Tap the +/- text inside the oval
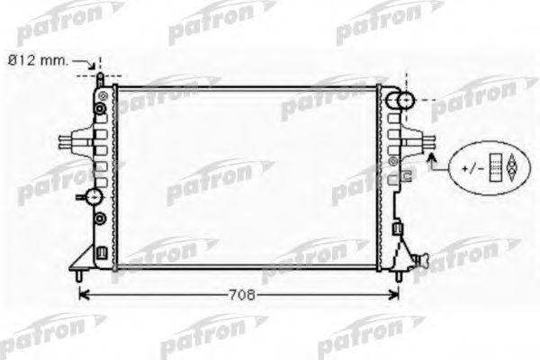pyautogui.click(x=473, y=168)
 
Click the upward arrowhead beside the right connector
pyautogui.click(x=432, y=159)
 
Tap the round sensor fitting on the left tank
pyautogui.click(x=93, y=196)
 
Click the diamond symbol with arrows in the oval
pyautogui.click(x=509, y=168)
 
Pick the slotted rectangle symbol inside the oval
pyautogui.click(x=494, y=168)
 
